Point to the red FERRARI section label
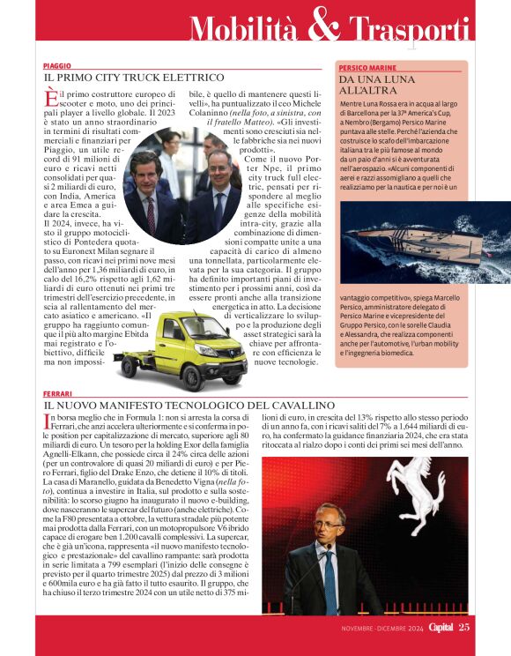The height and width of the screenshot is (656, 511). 57,393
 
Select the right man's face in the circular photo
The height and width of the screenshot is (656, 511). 218,165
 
